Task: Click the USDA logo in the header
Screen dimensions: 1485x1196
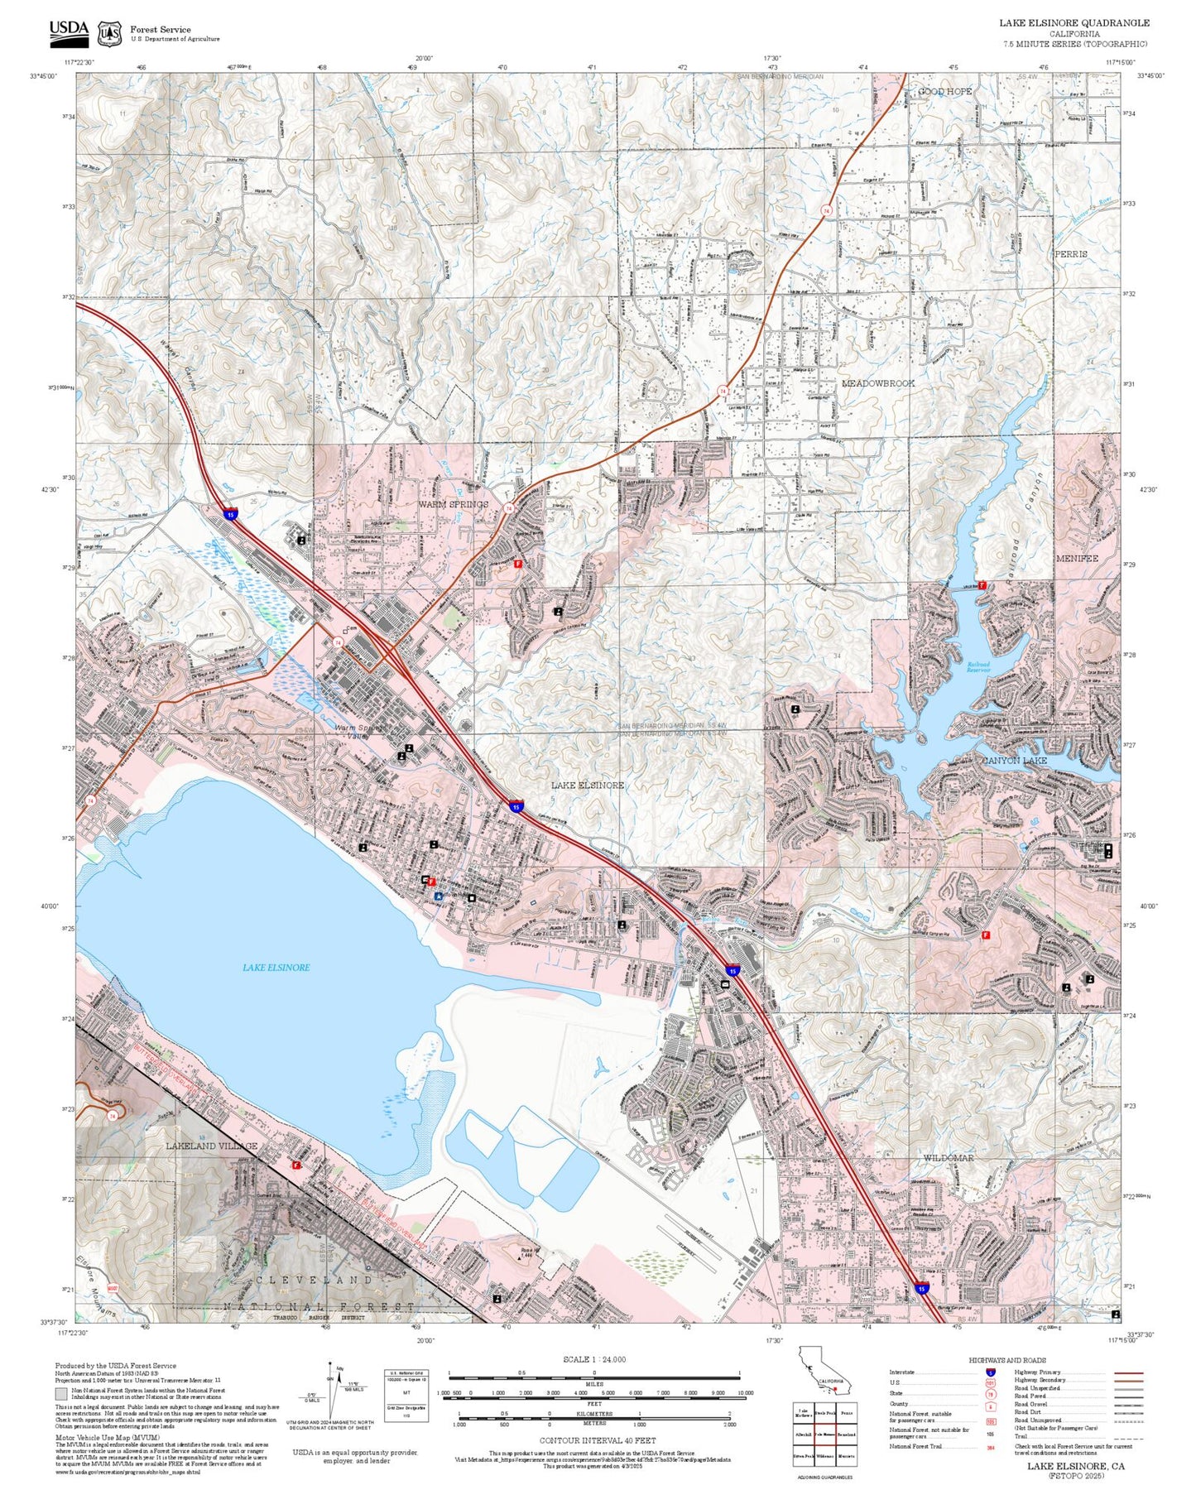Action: click(x=69, y=31)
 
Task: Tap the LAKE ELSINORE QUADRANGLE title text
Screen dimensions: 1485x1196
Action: click(x=1074, y=22)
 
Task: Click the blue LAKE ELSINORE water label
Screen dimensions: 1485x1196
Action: click(x=276, y=967)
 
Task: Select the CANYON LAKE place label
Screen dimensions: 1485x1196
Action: click(x=1014, y=760)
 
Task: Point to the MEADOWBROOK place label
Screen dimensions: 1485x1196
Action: click(x=878, y=383)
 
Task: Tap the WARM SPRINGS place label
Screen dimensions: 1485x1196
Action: click(x=453, y=504)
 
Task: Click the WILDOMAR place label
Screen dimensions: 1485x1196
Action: click(x=949, y=1158)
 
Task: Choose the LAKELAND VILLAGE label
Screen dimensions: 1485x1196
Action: click(x=212, y=1146)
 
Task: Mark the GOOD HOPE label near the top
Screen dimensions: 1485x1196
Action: click(x=945, y=91)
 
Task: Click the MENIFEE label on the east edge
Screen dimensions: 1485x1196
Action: click(x=1077, y=559)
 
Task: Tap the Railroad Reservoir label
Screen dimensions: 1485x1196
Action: click(x=978, y=667)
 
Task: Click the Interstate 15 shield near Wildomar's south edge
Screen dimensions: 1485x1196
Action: click(x=922, y=1288)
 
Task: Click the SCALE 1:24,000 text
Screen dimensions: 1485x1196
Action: click(x=594, y=1359)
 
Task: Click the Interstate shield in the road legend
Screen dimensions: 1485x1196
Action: click(x=990, y=1372)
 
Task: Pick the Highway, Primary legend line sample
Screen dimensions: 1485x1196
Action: click(x=1128, y=1372)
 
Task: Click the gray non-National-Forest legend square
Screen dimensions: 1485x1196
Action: click(x=61, y=1394)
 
